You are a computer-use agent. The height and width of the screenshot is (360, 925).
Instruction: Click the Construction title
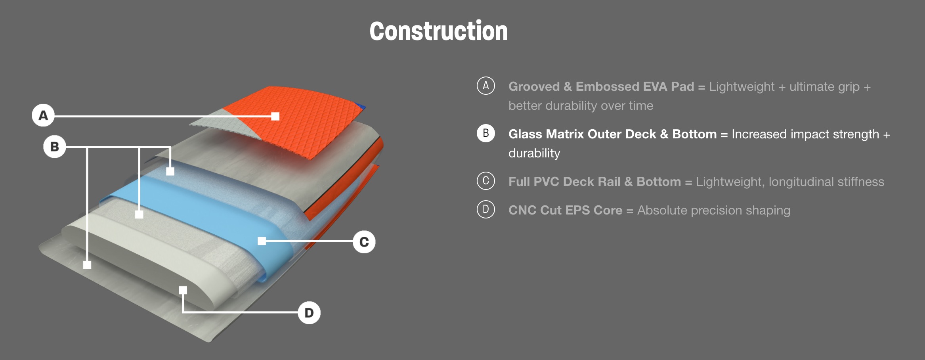point(439,31)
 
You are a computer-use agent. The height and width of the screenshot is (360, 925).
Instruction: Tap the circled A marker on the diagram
point(43,115)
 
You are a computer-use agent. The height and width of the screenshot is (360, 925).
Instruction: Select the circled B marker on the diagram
point(55,147)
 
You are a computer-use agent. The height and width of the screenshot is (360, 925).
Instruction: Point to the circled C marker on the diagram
point(364,242)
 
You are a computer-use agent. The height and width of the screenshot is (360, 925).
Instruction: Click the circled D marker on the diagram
point(309,313)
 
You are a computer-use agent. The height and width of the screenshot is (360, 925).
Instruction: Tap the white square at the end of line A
point(275,116)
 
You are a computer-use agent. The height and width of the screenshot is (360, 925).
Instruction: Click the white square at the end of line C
point(262,241)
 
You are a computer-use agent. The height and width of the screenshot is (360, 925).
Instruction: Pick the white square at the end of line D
point(183,290)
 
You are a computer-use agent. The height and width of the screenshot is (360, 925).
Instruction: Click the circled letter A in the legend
point(486,86)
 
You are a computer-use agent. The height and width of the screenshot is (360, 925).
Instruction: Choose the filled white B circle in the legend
point(486,133)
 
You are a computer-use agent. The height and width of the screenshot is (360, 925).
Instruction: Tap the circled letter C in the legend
point(486,181)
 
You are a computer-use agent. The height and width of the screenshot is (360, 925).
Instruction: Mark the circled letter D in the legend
point(486,209)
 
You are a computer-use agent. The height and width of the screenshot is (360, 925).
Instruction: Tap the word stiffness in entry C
point(861,182)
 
